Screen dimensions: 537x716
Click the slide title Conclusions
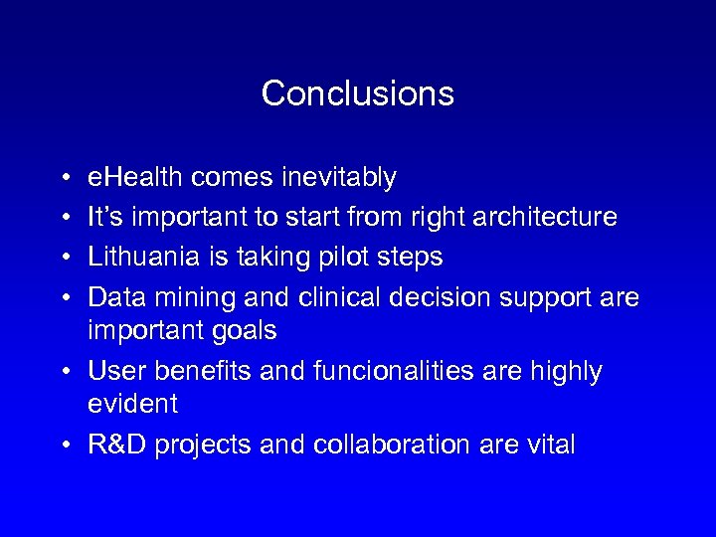coord(357,93)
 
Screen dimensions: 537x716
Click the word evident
coord(133,404)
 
